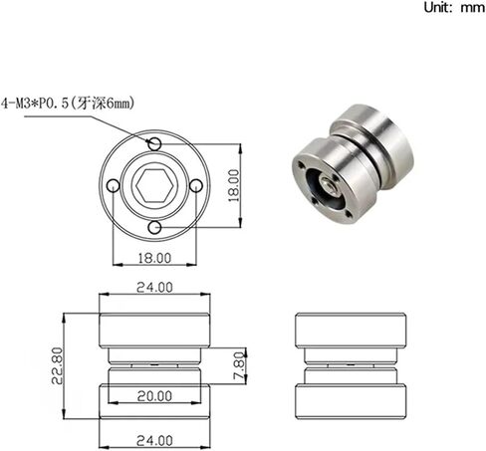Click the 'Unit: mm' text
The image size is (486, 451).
[452, 8]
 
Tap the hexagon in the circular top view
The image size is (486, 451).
[154, 186]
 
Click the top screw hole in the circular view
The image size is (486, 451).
[154, 144]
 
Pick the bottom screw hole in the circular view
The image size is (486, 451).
[154, 229]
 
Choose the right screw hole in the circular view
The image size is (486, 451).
[197, 186]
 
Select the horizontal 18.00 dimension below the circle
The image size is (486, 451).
[154, 257]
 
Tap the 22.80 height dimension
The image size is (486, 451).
[60, 365]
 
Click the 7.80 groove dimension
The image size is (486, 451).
[240, 365]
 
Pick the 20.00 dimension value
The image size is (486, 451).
[154, 396]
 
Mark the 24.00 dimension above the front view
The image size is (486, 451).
[154, 288]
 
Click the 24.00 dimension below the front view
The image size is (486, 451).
[154, 439]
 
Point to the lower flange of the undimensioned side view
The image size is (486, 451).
[353, 397]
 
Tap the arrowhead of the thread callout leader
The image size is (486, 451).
[150, 141]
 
